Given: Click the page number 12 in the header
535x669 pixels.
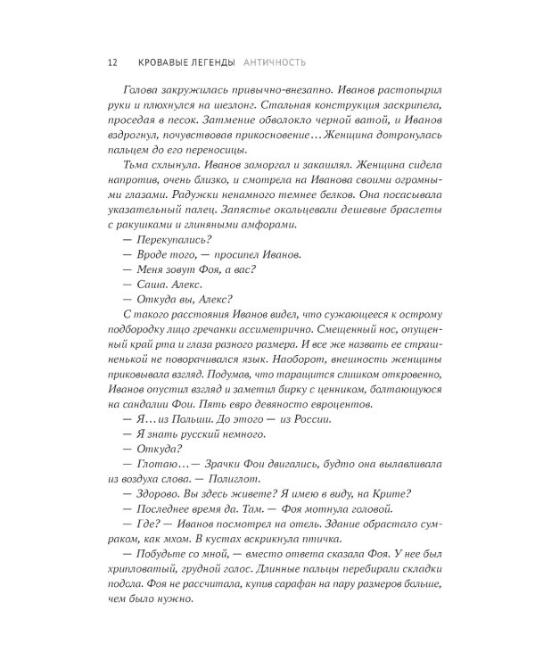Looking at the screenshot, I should [x=111, y=63].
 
